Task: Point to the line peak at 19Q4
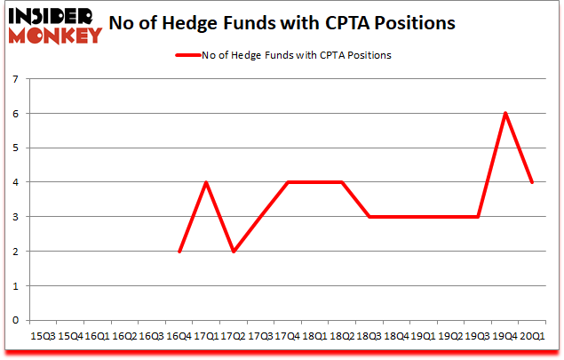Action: click(505, 113)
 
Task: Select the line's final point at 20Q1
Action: click(533, 182)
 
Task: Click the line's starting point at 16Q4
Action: click(179, 252)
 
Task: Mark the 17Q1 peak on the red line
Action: click(206, 182)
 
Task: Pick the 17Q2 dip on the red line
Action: click(234, 252)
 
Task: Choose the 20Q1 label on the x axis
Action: click(533, 337)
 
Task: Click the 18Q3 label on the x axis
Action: click(369, 337)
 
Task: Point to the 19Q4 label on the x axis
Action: click(505, 337)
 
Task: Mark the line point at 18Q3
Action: click(369, 217)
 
